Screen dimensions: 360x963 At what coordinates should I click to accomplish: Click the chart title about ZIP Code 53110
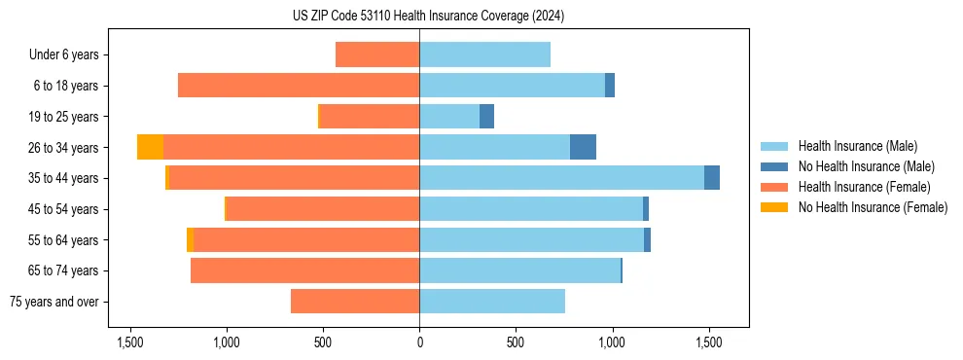[x=428, y=16]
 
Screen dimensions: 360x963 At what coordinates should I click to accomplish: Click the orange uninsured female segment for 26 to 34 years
[x=150, y=147]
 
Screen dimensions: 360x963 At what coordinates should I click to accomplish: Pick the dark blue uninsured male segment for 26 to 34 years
[x=583, y=147]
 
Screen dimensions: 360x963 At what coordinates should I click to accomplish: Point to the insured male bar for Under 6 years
[x=484, y=54]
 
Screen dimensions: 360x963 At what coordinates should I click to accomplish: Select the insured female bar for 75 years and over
[x=355, y=302]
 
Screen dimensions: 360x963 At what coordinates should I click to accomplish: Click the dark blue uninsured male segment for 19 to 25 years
[x=486, y=117]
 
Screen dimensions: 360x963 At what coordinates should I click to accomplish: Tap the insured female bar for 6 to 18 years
[x=299, y=86]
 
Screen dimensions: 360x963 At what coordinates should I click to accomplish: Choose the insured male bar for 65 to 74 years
[x=519, y=270]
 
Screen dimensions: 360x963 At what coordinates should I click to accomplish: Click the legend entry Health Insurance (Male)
[x=857, y=146]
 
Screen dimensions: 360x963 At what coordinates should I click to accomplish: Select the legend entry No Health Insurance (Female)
[x=873, y=207]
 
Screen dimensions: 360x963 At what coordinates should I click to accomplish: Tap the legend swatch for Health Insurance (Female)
[x=774, y=187]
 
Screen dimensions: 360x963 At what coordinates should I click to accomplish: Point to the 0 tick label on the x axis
[x=419, y=342]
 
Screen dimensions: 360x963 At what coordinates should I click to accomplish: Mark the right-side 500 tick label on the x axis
[x=516, y=342]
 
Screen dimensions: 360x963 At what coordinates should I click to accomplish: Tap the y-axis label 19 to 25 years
[x=65, y=117]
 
